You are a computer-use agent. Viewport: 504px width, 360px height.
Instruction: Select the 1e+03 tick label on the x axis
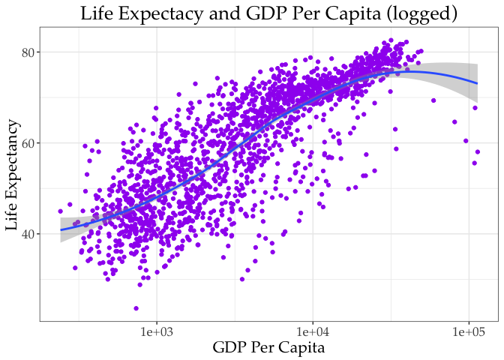[156, 331]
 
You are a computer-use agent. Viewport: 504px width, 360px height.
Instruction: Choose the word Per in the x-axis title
[265, 348]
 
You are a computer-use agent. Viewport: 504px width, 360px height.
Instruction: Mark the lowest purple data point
[136, 308]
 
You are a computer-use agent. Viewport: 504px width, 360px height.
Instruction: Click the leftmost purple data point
[61, 211]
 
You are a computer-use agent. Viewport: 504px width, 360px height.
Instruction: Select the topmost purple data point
[391, 40]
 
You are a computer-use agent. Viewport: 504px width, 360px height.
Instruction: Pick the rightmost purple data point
[478, 152]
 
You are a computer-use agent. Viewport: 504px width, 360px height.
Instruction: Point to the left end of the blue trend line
[61, 229]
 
